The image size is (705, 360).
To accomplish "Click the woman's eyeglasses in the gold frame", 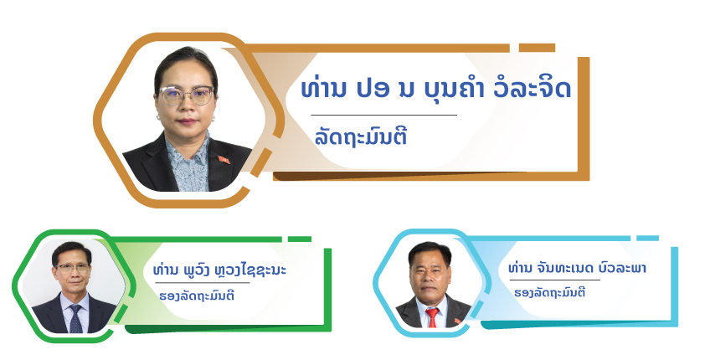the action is pyautogui.click(x=187, y=95).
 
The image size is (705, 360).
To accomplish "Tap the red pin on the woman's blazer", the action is pyautogui.click(x=224, y=160).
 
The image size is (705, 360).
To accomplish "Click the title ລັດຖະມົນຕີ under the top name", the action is pyautogui.click(x=361, y=136).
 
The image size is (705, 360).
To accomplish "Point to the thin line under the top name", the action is pyautogui.click(x=384, y=115).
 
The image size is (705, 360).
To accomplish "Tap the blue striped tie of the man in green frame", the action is pyautogui.click(x=75, y=318).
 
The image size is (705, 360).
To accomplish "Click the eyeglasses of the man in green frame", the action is pyautogui.click(x=72, y=268).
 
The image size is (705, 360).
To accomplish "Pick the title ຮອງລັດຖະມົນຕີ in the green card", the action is pyautogui.click(x=197, y=296).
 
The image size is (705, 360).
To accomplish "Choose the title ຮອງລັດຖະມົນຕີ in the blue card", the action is pyautogui.click(x=550, y=292).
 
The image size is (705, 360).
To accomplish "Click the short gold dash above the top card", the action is pyautogui.click(x=537, y=48).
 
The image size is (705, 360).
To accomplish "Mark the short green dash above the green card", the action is pyautogui.click(x=300, y=239).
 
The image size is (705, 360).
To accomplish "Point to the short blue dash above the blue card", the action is pyautogui.click(x=647, y=238).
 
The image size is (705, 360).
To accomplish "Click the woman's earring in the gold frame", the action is pyautogui.click(x=159, y=117).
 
